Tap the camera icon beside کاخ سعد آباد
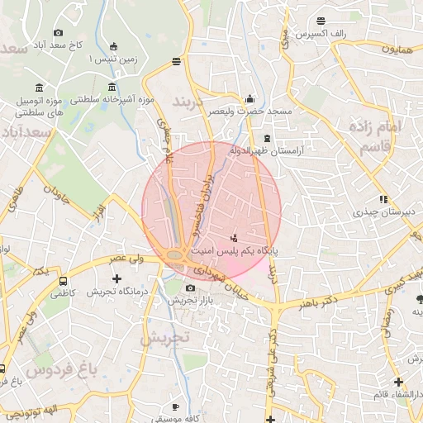pos(58,32)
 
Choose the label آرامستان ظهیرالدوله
pos(301,151)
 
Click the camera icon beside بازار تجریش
pos(191,288)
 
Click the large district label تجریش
pos(166,338)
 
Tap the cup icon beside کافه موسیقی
pos(175,406)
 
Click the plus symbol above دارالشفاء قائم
pos(398,382)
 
